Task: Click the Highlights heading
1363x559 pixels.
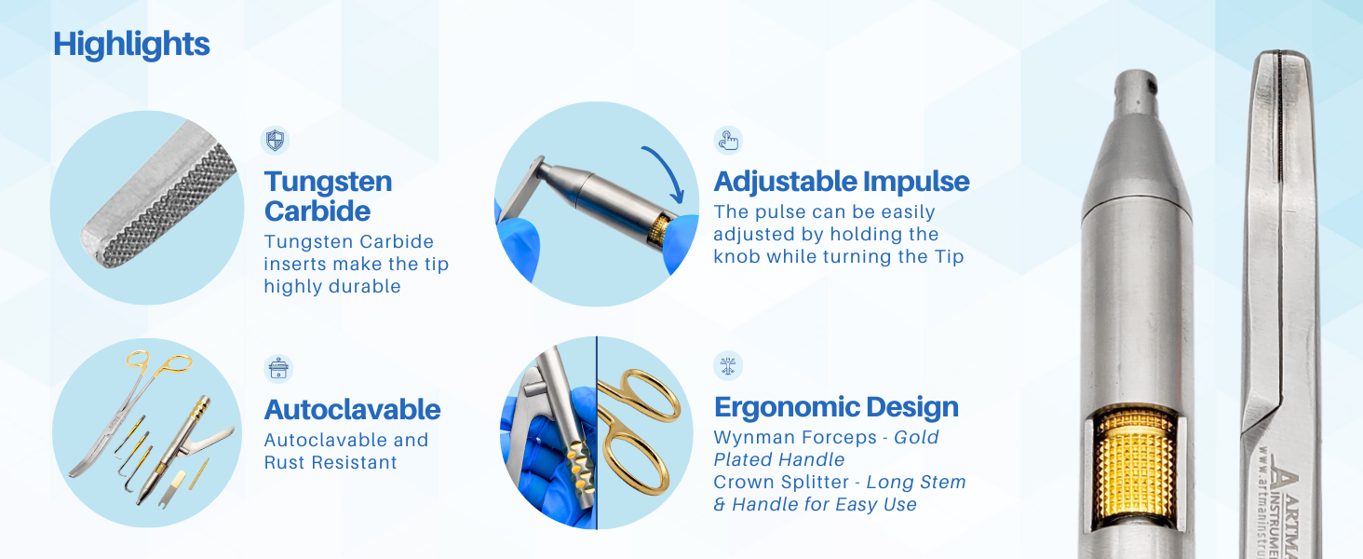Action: pos(131,45)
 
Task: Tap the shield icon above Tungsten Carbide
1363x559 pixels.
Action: pos(275,140)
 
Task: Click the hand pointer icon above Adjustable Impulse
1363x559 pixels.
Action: pos(728,141)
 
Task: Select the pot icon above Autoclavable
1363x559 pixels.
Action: pos(278,368)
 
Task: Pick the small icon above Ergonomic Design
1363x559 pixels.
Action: pos(728,365)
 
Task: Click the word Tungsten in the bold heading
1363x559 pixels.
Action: pos(328,182)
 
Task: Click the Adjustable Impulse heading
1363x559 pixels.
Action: pos(842,182)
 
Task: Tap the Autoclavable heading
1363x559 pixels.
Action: pos(352,410)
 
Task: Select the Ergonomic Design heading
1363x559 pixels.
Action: pos(836,407)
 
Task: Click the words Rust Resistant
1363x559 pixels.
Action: pos(331,463)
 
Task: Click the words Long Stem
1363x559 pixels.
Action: pos(916,483)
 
